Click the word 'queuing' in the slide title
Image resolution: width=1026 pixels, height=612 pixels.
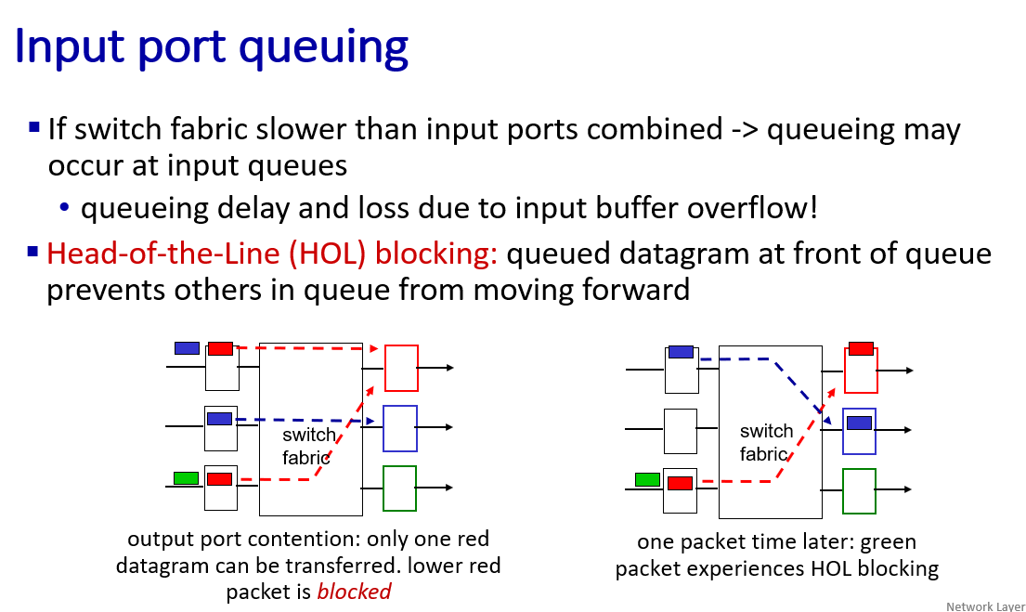click(323, 47)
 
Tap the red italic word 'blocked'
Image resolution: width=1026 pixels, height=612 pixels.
click(354, 591)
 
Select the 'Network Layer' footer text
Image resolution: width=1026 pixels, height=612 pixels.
click(985, 606)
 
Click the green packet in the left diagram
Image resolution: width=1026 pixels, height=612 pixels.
click(186, 478)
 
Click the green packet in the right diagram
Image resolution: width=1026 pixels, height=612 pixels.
click(647, 479)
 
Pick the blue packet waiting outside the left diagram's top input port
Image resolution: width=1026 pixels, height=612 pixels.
click(188, 347)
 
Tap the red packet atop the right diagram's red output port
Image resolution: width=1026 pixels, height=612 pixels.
click(861, 348)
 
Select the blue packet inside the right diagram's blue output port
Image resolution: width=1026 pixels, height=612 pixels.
click(859, 423)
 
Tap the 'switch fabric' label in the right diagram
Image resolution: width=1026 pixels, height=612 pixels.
click(766, 442)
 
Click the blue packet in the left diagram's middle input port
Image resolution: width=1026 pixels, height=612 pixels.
click(219, 419)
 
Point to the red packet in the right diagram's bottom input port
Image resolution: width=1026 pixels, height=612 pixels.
click(680, 483)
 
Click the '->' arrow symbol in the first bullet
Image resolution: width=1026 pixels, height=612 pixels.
click(745, 129)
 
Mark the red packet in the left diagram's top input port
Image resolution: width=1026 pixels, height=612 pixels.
click(220, 348)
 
